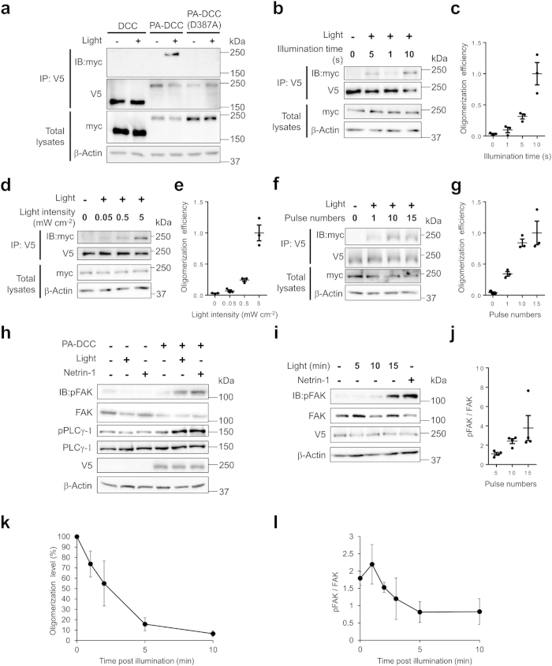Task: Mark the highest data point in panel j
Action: (517, 391)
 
